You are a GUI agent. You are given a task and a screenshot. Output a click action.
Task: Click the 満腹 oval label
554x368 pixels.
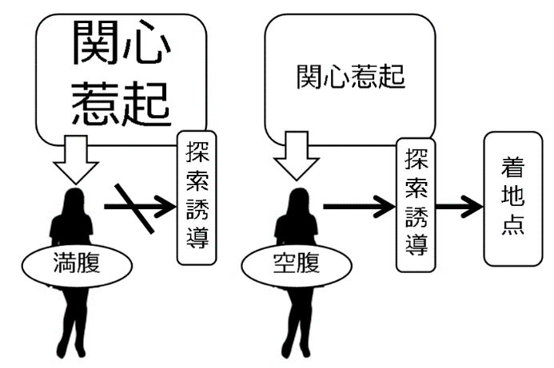72,263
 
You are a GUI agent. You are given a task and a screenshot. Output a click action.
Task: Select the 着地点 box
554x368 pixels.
512,197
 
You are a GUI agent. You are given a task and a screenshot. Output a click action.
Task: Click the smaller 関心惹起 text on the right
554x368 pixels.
350,77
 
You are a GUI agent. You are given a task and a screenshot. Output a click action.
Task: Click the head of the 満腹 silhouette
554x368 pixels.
76,200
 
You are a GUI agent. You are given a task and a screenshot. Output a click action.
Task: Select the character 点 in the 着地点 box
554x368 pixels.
512,228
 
